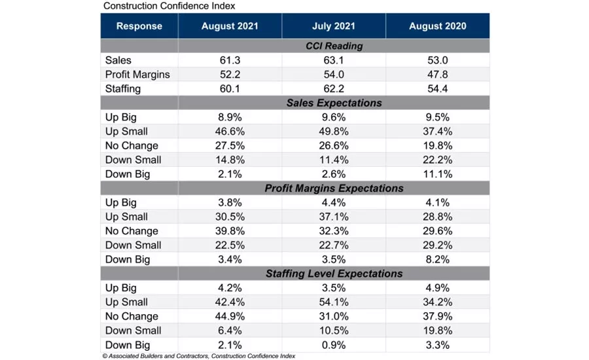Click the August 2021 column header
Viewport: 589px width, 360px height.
pyautogui.click(x=230, y=26)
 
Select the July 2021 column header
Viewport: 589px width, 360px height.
pyautogui.click(x=334, y=26)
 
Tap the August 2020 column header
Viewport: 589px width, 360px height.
pyautogui.click(x=437, y=26)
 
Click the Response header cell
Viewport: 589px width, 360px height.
pyautogui.click(x=139, y=26)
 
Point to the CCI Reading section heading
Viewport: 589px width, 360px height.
pyautogui.click(x=334, y=46)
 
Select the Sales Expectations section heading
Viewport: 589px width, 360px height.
pyautogui.click(x=334, y=103)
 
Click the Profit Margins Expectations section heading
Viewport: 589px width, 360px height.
pyautogui.click(x=334, y=189)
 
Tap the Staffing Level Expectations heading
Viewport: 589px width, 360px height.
pyautogui.click(x=334, y=274)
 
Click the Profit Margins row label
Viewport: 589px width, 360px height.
pyautogui.click(x=137, y=75)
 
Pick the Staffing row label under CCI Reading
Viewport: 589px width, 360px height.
pyautogui.click(x=123, y=89)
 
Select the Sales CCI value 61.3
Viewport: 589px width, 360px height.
pyautogui.click(x=230, y=60)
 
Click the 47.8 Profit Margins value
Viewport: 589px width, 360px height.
pyautogui.click(x=437, y=75)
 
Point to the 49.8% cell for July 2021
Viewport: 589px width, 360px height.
pyautogui.click(x=334, y=132)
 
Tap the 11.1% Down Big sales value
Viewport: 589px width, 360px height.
pyautogui.click(x=437, y=174)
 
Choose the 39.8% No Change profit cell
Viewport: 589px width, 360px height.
pyautogui.click(x=230, y=231)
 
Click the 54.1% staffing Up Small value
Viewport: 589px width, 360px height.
pyautogui.click(x=334, y=302)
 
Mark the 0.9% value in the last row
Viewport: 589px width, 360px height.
pyautogui.click(x=334, y=345)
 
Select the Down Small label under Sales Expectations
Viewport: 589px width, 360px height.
pyautogui.click(x=133, y=160)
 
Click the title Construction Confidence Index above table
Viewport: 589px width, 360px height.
pyautogui.click(x=169, y=6)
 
